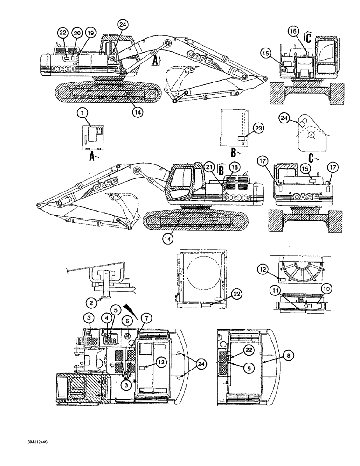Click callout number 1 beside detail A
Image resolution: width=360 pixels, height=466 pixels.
pyautogui.click(x=82, y=112)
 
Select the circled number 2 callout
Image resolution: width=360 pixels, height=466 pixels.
pyautogui.click(x=92, y=302)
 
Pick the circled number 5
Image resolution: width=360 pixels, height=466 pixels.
pyautogui.click(x=115, y=308)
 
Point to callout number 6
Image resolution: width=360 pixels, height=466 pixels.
pyautogui.click(x=127, y=321)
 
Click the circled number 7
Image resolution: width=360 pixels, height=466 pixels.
pyautogui.click(x=146, y=319)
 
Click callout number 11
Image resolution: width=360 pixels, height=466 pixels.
pyautogui.click(x=275, y=290)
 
